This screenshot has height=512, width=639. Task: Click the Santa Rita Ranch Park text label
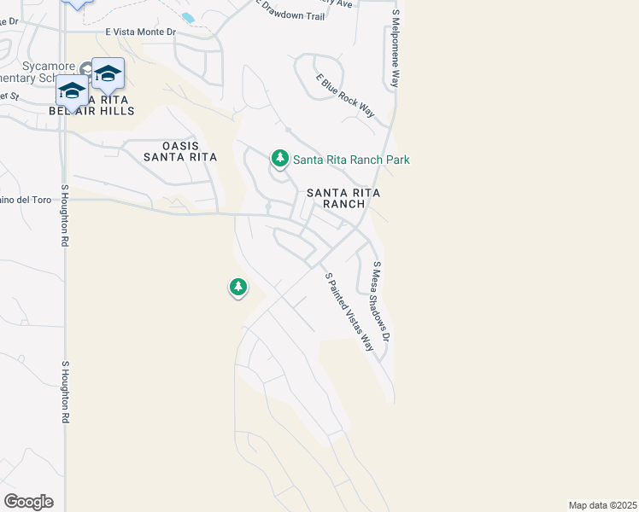point(351,160)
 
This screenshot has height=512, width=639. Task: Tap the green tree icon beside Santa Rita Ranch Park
point(279,159)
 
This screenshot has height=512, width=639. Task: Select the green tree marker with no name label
point(238,288)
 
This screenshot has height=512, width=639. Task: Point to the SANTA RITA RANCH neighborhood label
point(343,198)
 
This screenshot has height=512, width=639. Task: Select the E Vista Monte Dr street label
point(140,32)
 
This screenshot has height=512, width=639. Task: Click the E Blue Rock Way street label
point(345,96)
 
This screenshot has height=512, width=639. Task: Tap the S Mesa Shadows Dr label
point(381,302)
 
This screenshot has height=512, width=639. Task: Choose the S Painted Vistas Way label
point(349,311)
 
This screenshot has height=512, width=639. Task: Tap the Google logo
point(28,502)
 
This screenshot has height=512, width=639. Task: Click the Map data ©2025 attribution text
point(602,505)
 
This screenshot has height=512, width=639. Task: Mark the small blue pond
point(188,17)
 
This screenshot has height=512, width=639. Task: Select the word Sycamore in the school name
point(38,67)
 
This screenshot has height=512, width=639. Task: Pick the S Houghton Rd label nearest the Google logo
point(64,392)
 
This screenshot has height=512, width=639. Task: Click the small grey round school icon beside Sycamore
point(86,68)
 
